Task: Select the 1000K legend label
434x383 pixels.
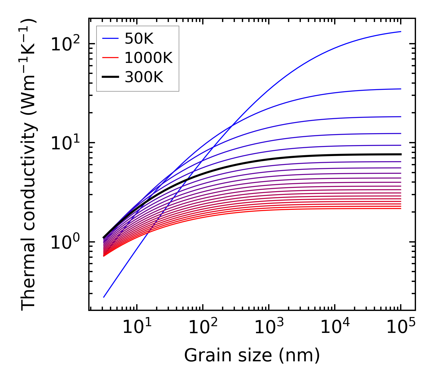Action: coord(148,58)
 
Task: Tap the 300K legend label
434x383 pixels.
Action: coord(144,77)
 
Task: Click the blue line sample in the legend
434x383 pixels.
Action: coord(110,38)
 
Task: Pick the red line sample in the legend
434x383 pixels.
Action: coord(110,58)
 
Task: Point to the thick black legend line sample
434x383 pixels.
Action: coord(110,77)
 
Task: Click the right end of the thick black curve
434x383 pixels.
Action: coord(400,154)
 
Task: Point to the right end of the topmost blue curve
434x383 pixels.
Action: coord(400,31)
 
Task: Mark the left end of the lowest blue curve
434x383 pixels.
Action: coord(104,297)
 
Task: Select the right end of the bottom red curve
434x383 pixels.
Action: coord(400,208)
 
